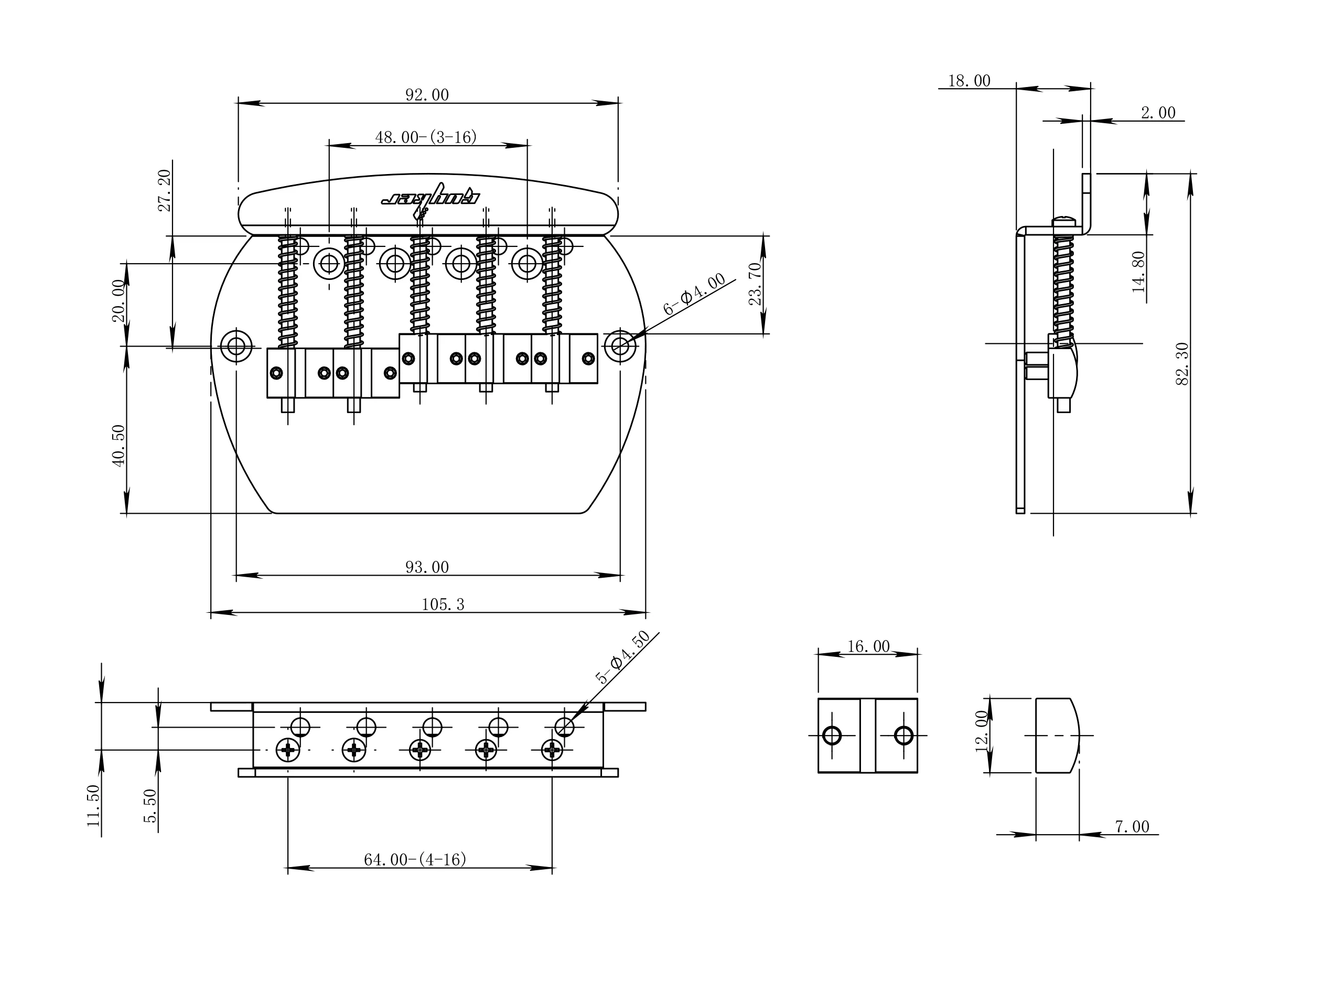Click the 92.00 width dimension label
pyautogui.click(x=426, y=95)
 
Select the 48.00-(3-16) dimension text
pyautogui.click(x=426, y=137)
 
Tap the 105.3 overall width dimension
pyautogui.click(x=443, y=604)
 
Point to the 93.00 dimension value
pyautogui.click(x=426, y=567)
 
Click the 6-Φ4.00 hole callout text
pyautogui.click(x=694, y=294)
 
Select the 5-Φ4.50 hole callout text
pyautogui.click(x=622, y=657)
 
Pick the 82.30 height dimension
pyautogui.click(x=1182, y=364)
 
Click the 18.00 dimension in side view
pyautogui.click(x=969, y=81)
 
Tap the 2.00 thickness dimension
pyautogui.click(x=1158, y=113)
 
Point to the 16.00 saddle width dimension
pyautogui.click(x=868, y=646)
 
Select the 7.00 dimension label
pyautogui.click(x=1132, y=827)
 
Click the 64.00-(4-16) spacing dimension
pyautogui.click(x=415, y=860)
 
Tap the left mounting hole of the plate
pyautogui.click(x=236, y=345)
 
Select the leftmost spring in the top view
pyautogui.click(x=288, y=292)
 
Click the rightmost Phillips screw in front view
pyautogui.click(x=552, y=750)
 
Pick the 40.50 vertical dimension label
pyautogui.click(x=119, y=446)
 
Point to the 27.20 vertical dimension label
pyautogui.click(x=165, y=191)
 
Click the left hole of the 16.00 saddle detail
pyautogui.click(x=832, y=736)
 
